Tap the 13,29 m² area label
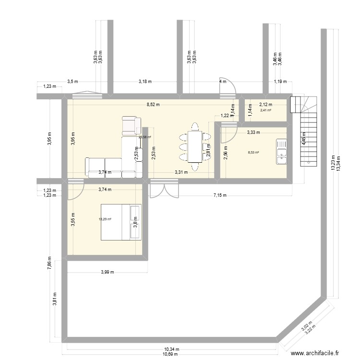pos(105,219)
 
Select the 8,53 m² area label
pos(253,153)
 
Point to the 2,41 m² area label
pos(265,110)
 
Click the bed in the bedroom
pos(121,222)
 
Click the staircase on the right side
pos(304,130)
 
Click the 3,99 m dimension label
pos(108,272)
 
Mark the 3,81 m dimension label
pos(55,300)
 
